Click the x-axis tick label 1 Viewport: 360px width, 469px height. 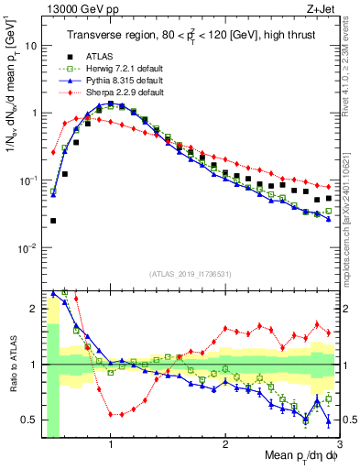coord(111,443)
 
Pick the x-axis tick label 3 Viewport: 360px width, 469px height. coord(340,443)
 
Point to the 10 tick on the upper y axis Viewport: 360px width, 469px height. coord(32,45)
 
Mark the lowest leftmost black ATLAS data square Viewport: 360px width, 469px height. coord(53,221)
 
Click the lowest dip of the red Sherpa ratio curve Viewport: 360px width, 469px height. coord(114,414)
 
